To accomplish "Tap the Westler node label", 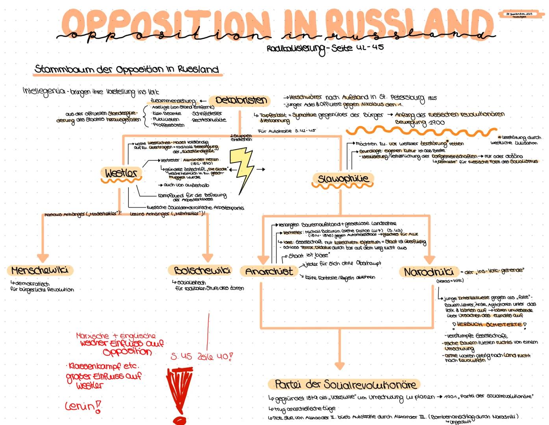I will tap(121, 173).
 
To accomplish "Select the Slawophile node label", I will tap(343, 179).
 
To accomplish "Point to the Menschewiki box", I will tap(40, 271).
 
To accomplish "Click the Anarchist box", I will tap(269, 272).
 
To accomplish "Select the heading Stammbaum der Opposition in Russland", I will tap(126, 69).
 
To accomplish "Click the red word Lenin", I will tap(81, 406).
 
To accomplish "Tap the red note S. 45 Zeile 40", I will tap(202, 357).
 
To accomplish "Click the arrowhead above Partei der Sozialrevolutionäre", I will tap(339, 365).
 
